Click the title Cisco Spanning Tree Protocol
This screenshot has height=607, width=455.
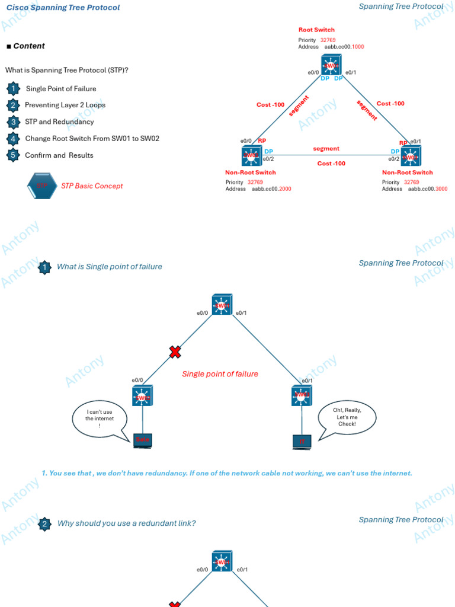(63, 8)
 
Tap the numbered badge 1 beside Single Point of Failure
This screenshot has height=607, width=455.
(13, 89)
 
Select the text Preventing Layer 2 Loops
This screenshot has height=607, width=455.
(65, 105)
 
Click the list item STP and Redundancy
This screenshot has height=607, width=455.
(59, 122)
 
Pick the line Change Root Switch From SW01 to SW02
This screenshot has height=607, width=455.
(92, 139)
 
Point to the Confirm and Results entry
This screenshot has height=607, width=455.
(59, 155)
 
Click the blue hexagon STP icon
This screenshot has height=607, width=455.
(42, 186)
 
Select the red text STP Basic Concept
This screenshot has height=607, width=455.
(92, 186)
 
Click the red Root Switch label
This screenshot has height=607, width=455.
(316, 30)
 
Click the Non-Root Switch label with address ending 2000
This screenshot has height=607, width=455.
(250, 172)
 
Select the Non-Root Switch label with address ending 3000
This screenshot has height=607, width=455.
(407, 172)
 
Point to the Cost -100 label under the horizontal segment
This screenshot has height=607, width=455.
(331, 163)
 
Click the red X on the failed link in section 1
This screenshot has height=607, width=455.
(175, 353)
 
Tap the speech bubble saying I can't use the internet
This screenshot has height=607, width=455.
(100, 419)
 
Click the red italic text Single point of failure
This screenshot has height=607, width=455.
(220, 374)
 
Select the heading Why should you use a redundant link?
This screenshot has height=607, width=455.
(126, 523)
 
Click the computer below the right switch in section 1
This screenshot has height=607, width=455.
(302, 442)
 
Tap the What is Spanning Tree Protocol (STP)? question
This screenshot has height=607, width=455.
(67, 70)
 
